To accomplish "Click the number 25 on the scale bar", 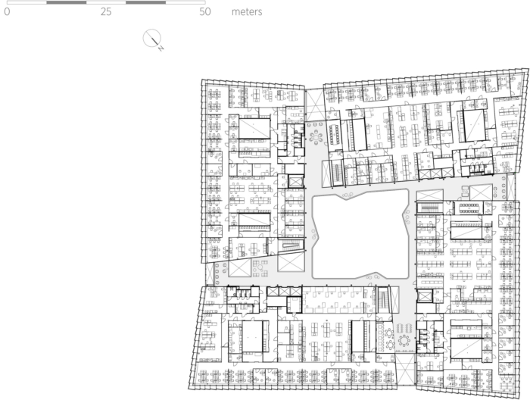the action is coord(106,12).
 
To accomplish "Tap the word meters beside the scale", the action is coord(247,12).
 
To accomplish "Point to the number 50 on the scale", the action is coord(205,12).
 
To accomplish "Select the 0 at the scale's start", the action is coord(7,12).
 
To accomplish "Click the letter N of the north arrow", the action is coord(161,48).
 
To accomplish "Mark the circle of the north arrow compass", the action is coord(151,38).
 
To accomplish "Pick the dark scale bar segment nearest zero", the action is coord(67,2).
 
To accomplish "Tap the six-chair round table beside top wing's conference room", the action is coord(316,138).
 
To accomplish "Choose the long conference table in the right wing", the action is coord(469,208).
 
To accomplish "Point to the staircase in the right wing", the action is coord(430,207).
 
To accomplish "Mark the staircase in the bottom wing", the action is coord(383,299).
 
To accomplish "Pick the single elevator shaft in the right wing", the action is coord(424,296).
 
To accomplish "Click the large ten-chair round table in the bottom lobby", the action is coord(404,340).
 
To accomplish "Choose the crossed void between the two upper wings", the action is coord(315,105).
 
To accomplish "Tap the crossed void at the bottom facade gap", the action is coord(405,369).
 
